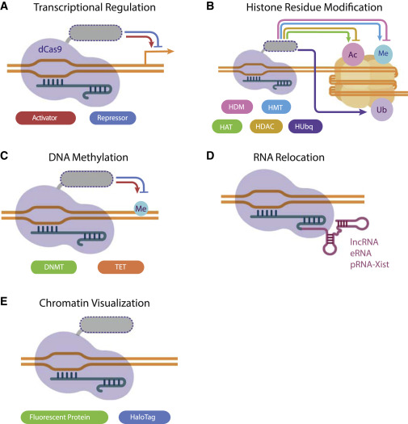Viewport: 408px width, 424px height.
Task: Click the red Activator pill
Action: point(46,118)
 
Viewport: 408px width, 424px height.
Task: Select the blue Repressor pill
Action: point(112,118)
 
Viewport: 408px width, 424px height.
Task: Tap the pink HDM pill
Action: point(237,107)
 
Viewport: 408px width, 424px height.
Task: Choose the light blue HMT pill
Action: point(276,107)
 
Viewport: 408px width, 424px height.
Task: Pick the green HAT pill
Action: point(227,127)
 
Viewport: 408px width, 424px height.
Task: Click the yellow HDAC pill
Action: point(267,126)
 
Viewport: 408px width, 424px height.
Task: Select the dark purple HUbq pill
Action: point(305,126)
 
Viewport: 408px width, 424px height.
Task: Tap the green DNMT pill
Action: point(54,267)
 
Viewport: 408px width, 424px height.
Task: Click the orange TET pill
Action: point(120,267)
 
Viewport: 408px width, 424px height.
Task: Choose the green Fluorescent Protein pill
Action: point(65,417)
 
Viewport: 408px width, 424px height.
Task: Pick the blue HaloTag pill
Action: point(145,417)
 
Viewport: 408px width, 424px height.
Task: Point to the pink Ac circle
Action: point(353,54)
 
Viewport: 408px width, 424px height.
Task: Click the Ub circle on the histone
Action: point(381,110)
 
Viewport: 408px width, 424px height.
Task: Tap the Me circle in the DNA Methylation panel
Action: point(141,208)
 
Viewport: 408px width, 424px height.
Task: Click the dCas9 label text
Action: point(50,49)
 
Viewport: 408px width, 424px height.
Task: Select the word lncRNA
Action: point(364,241)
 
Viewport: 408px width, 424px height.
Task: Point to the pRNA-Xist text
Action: point(369,264)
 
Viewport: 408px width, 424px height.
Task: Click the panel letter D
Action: point(210,156)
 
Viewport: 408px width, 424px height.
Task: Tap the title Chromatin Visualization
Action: point(95,303)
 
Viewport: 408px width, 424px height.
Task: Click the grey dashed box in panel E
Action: point(107,325)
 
